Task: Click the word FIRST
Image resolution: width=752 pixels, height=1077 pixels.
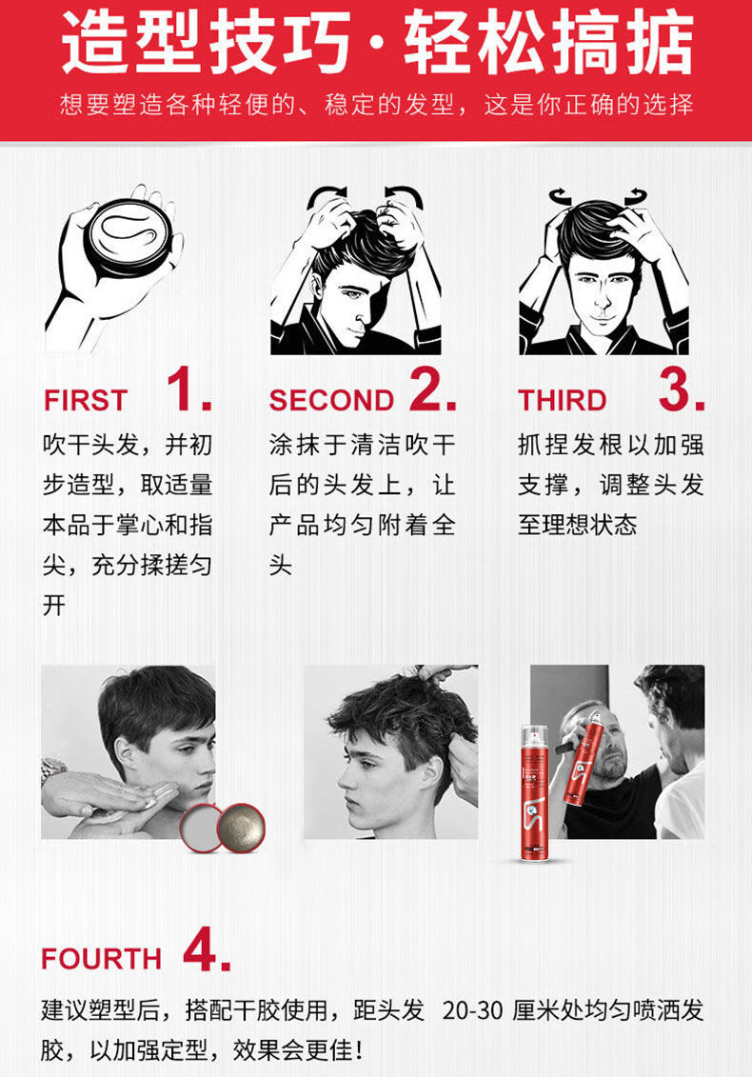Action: point(86,401)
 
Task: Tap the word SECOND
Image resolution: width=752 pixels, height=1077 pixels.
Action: point(331,401)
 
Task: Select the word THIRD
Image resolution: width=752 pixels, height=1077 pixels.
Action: point(563,401)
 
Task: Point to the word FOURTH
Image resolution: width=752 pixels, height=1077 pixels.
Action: point(102,959)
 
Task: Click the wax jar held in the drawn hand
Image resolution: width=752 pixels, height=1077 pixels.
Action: point(128,236)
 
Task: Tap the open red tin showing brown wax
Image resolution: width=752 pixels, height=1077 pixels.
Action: point(241,828)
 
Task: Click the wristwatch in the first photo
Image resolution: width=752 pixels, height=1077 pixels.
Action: point(53,769)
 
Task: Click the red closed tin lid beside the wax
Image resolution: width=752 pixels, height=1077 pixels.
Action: point(201,828)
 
